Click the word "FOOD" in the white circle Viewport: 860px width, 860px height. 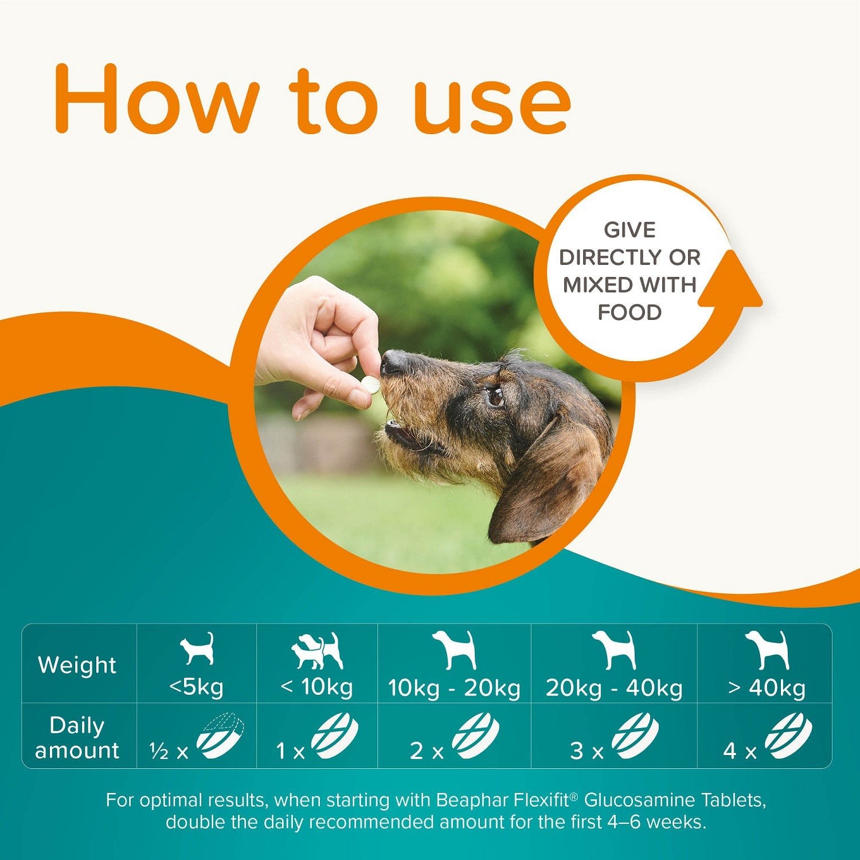click(630, 312)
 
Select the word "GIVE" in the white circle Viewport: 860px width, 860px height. click(630, 230)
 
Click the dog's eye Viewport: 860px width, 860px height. click(495, 396)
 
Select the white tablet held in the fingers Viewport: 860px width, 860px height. click(370, 384)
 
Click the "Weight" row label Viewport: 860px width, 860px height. click(77, 665)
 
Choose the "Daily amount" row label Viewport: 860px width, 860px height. click(77, 738)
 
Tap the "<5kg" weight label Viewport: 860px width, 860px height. click(196, 686)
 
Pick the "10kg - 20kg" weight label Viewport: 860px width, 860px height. click(454, 688)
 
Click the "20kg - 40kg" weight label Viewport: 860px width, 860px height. click(614, 688)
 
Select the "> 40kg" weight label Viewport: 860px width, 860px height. click(767, 688)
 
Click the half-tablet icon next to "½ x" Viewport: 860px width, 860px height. click(220, 736)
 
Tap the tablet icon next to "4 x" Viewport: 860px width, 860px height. click(788, 736)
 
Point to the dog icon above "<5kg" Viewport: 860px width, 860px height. click(197, 648)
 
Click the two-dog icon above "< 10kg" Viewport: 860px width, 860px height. click(317, 651)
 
